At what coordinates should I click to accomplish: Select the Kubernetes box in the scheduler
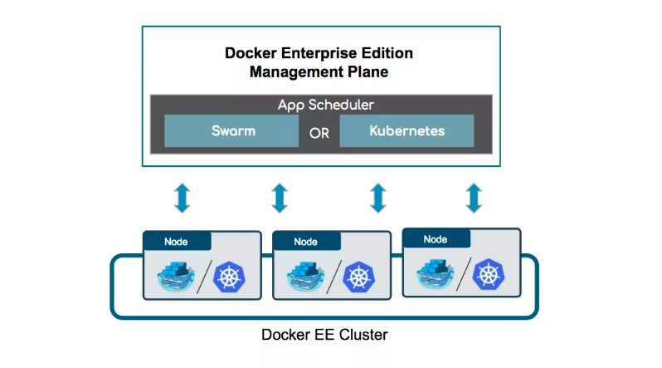(406, 131)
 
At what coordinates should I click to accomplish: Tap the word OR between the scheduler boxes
(319, 132)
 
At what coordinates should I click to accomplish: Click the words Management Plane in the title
(319, 72)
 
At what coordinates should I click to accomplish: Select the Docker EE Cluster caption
(324, 336)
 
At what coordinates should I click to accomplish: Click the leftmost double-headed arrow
(182, 197)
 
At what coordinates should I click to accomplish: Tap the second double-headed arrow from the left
(280, 197)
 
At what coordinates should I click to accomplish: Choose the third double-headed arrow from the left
(377, 197)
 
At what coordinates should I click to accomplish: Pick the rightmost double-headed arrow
(474, 197)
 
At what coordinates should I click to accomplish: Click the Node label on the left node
(176, 242)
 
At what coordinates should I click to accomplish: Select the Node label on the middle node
(305, 242)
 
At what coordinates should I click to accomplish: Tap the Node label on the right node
(436, 239)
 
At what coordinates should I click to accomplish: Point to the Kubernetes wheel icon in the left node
(230, 277)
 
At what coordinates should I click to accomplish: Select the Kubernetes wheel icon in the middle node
(359, 277)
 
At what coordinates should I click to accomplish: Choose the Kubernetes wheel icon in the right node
(489, 275)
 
